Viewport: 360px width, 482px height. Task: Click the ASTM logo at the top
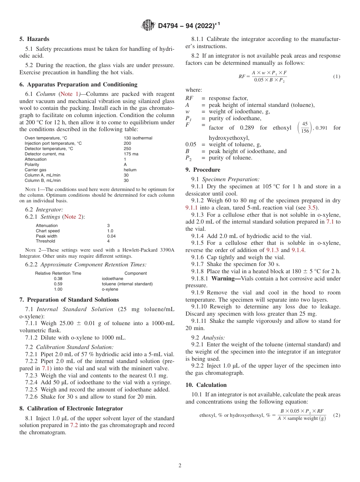coord(148,26)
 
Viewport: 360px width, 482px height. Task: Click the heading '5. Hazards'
coord(34,39)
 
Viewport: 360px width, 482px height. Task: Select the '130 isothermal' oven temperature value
coord(138,138)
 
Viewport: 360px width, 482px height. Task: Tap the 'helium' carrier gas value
coord(130,170)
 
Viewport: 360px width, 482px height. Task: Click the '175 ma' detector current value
coord(131,154)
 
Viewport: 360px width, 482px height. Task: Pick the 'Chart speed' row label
coord(48,231)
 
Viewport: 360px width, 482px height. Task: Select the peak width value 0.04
coord(111,236)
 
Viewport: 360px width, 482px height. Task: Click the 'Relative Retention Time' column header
coord(58,273)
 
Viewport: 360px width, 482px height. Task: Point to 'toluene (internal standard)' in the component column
coord(127,284)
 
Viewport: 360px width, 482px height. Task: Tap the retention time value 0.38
coord(58,279)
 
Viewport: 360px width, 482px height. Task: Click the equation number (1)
coord(337,77)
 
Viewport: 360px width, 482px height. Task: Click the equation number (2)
coord(337,415)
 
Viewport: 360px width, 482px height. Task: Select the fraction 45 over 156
coord(305,128)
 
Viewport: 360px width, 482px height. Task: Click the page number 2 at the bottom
coord(180,466)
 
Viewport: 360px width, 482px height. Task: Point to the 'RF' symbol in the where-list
coord(189,99)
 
